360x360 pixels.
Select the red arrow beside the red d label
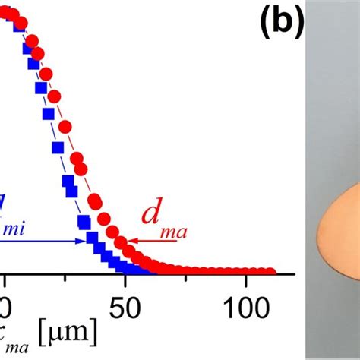tap(152, 246)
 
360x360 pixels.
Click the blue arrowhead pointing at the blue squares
tap(81, 241)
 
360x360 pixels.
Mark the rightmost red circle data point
tap(270, 272)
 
